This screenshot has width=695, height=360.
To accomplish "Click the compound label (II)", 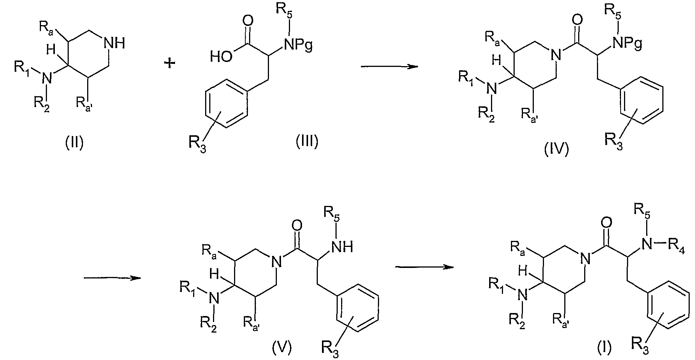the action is [74, 143].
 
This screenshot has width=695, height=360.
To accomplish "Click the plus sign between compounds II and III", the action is [170, 64].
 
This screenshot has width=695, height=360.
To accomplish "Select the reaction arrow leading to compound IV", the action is [389, 67].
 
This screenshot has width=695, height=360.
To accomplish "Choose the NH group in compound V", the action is [343, 247].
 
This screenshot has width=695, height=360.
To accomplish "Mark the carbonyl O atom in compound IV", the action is [578, 19].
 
